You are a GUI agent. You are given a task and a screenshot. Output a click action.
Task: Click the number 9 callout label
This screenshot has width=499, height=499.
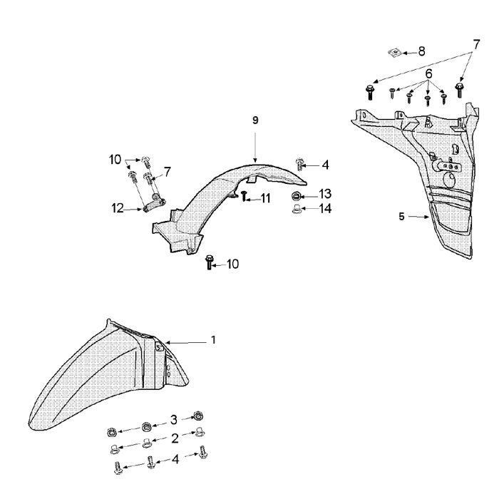(255, 120)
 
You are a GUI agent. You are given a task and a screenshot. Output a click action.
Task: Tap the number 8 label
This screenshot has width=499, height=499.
(421, 51)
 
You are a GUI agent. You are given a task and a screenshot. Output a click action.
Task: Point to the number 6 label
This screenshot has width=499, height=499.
(429, 73)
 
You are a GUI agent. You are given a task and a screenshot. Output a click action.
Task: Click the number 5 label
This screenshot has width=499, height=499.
(402, 216)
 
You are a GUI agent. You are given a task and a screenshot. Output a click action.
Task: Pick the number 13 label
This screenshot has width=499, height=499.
(325, 194)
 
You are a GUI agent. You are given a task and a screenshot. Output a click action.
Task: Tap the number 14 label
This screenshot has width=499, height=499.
(325, 209)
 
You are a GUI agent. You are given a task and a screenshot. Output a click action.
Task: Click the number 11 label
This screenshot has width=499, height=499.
(265, 198)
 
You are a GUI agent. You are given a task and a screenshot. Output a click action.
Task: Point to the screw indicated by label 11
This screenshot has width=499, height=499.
(244, 195)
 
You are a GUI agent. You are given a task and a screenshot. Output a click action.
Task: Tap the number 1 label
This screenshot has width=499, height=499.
(212, 340)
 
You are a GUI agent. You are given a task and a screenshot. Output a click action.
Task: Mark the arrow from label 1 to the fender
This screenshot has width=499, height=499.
(186, 342)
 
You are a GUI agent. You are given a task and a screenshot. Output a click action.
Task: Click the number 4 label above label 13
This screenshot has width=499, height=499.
(325, 165)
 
